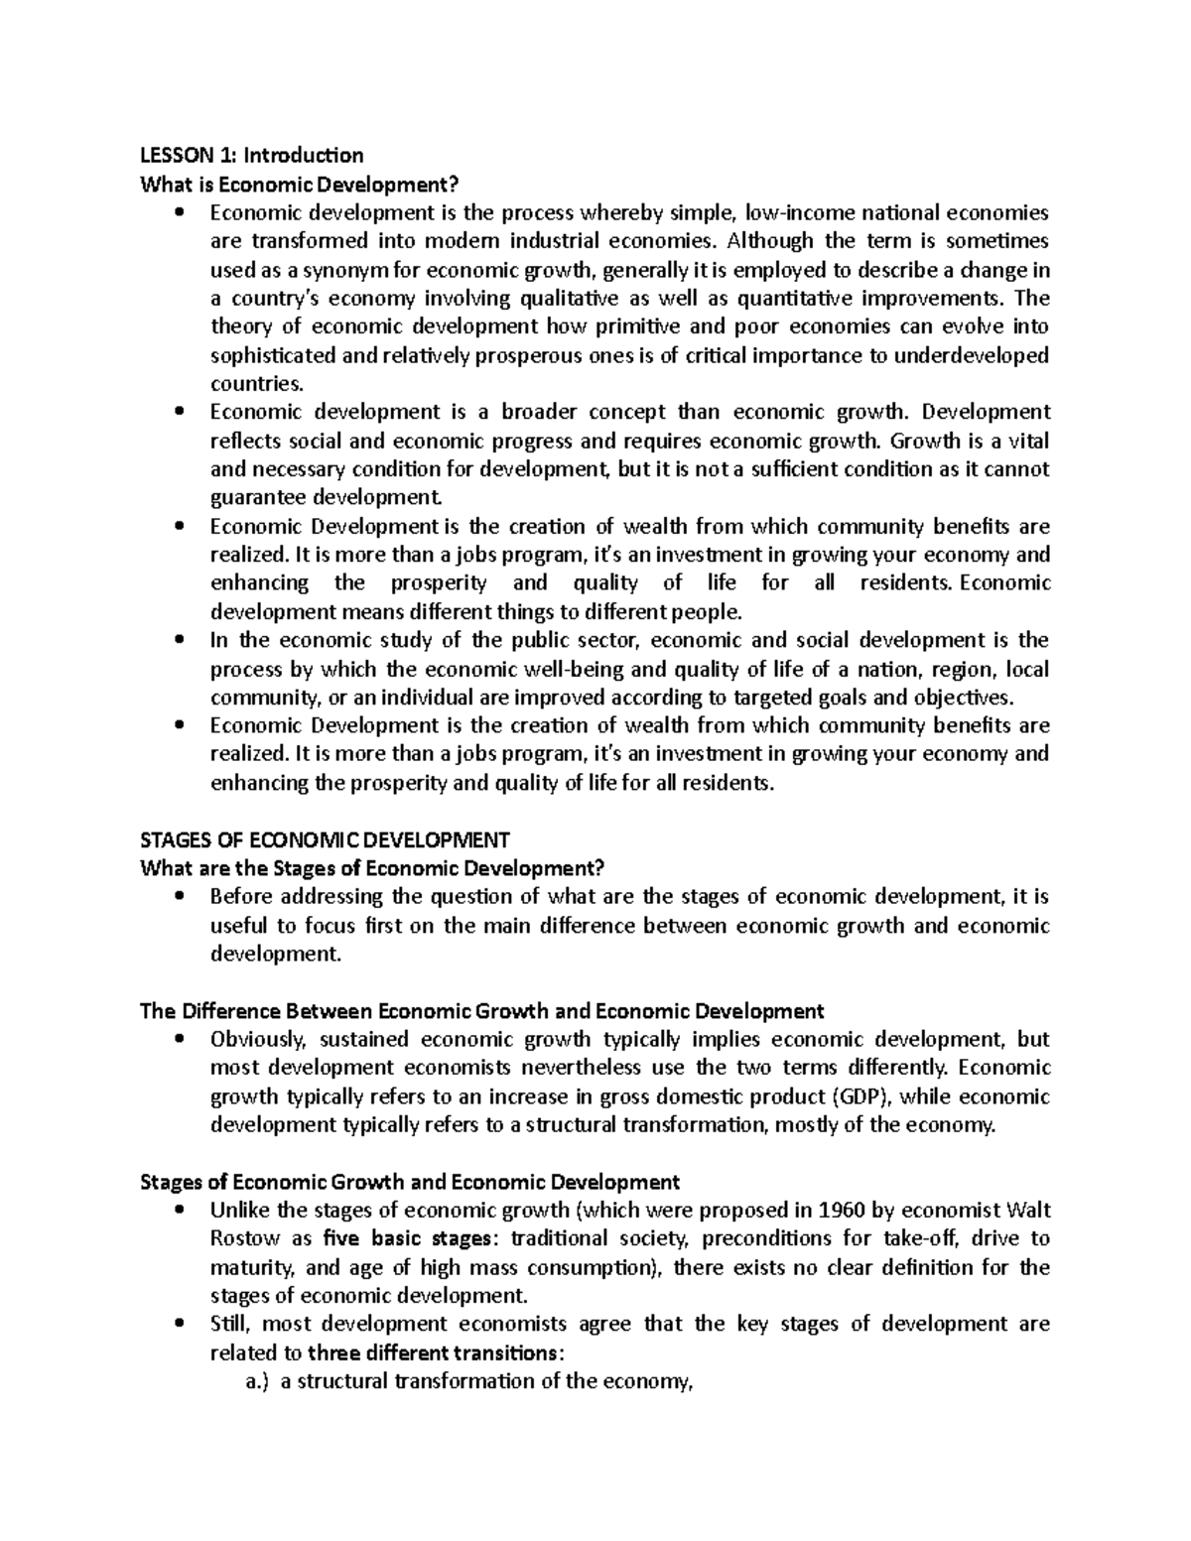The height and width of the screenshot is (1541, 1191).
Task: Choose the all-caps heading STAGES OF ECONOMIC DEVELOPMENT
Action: [x=326, y=839]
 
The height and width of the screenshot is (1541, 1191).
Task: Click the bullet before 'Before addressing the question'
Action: [x=179, y=897]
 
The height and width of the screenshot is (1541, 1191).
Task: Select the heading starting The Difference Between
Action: [x=482, y=1011]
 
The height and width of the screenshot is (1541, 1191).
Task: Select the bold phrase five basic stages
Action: [x=409, y=1239]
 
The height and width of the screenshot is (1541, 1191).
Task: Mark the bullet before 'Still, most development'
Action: [x=179, y=1325]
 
